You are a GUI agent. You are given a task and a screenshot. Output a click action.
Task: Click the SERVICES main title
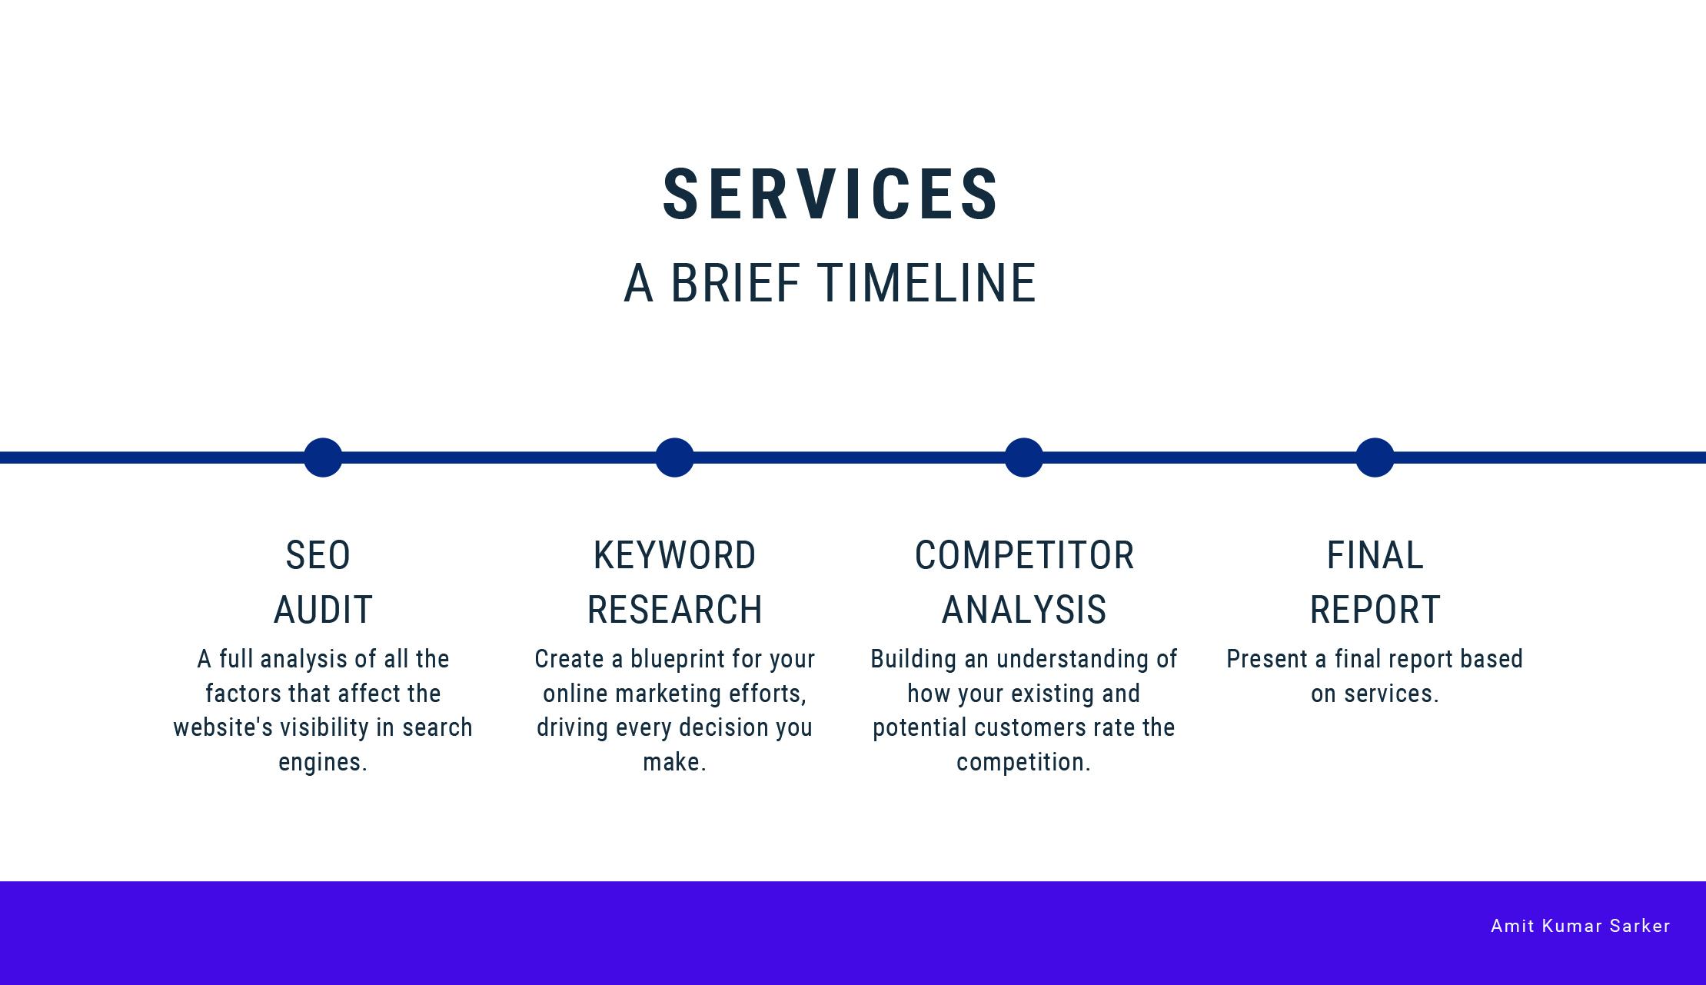(830, 194)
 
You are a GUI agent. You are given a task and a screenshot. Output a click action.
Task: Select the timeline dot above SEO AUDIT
(323, 458)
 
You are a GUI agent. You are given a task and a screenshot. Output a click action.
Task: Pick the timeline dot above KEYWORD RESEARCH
(674, 458)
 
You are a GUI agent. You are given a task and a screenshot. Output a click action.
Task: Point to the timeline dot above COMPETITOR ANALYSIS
(1024, 458)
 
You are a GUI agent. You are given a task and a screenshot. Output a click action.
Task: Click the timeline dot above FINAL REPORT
(1375, 458)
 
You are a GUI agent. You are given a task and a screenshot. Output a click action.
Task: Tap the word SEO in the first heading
(318, 555)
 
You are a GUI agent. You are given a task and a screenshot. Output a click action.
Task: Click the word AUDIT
(323, 610)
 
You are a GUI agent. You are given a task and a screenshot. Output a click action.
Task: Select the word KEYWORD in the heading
(674, 555)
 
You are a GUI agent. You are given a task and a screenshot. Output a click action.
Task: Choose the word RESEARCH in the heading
(674, 610)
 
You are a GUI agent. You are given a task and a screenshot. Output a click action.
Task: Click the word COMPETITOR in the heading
(1024, 555)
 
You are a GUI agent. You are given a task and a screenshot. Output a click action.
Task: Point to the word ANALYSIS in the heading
(1024, 610)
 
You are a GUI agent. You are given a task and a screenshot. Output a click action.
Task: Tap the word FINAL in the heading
(1375, 555)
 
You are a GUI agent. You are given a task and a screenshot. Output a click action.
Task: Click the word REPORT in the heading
(1375, 610)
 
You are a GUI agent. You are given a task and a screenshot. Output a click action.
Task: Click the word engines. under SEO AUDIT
(323, 762)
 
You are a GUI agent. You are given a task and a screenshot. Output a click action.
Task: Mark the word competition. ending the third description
(1023, 762)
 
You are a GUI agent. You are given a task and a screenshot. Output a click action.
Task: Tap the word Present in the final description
(1266, 659)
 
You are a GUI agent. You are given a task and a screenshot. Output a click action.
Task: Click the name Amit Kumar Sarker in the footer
(1580, 926)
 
